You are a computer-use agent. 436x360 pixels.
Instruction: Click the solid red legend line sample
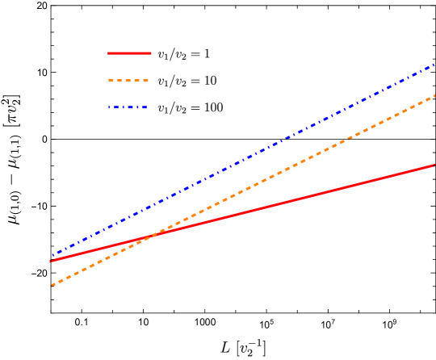129,53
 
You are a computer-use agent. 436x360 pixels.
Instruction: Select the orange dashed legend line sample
128,81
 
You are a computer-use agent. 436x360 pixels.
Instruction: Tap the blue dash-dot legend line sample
128,107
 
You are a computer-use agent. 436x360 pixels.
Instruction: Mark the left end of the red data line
50,262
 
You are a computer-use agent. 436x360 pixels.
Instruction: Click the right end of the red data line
434,165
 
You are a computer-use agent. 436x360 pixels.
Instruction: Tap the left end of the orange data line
52,285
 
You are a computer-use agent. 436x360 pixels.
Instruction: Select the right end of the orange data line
434,96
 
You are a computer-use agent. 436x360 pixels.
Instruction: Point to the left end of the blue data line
52,256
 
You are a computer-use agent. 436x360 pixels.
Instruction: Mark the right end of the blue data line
434,64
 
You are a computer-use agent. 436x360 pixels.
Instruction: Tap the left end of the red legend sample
108,53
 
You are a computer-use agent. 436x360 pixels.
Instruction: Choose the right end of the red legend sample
151,53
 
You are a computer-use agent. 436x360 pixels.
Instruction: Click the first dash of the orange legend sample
111,81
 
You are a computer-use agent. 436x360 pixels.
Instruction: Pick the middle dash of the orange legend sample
128,81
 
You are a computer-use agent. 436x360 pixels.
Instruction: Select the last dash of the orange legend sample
145,81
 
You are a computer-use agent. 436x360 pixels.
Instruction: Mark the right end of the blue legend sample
149,107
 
